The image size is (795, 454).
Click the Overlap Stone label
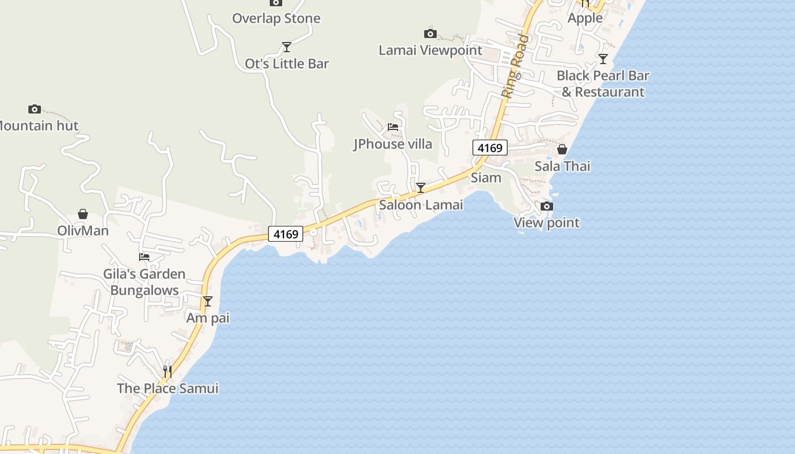click(x=276, y=18)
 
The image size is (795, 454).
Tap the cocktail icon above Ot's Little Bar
click(x=287, y=47)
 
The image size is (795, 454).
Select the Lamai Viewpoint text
click(x=430, y=50)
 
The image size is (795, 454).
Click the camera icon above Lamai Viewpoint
click(x=430, y=34)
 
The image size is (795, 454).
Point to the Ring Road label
click(x=516, y=66)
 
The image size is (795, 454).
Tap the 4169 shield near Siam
click(x=489, y=148)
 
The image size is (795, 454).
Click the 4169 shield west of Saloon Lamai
click(x=286, y=234)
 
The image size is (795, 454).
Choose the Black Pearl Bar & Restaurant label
click(x=602, y=83)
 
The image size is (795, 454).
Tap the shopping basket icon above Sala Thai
click(x=562, y=149)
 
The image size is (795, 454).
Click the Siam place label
click(x=486, y=178)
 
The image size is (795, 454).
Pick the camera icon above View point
click(x=546, y=206)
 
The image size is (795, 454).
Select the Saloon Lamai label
click(x=421, y=205)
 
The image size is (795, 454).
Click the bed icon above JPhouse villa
click(x=393, y=127)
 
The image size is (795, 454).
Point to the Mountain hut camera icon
click(x=35, y=109)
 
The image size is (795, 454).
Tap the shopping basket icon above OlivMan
click(x=83, y=214)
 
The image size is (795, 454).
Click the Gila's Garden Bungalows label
click(x=144, y=282)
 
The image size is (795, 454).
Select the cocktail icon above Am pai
click(x=208, y=301)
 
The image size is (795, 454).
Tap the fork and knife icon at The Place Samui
click(x=168, y=371)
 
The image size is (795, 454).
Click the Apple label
click(x=585, y=18)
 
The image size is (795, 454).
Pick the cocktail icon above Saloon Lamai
click(x=421, y=188)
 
